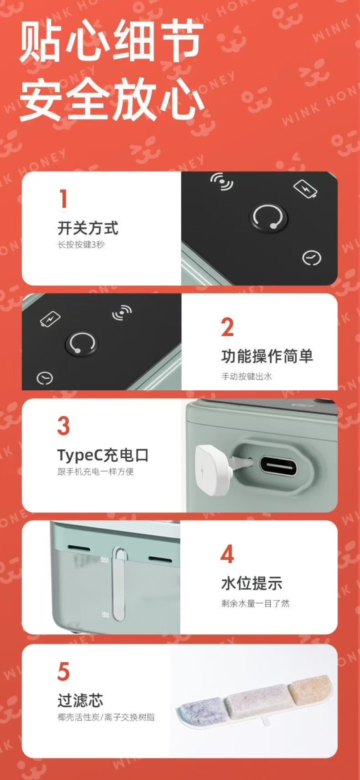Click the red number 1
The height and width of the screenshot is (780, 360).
point(63,199)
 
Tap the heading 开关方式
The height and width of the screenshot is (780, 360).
point(88,228)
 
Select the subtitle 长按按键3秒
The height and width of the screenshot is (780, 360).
point(81,244)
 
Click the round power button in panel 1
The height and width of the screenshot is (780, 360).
point(268,218)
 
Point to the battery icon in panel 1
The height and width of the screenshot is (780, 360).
point(305,189)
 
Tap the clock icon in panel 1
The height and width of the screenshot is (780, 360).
point(312,258)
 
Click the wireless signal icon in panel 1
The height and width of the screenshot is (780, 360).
point(222,182)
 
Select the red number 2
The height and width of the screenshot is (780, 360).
point(227,327)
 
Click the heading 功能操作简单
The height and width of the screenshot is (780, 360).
point(267,356)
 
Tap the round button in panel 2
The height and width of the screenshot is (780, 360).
point(81,343)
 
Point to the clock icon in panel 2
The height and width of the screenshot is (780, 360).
point(45,378)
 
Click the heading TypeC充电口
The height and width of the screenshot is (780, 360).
point(103,455)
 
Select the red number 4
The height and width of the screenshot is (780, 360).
point(227,554)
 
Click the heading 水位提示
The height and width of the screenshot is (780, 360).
point(252,583)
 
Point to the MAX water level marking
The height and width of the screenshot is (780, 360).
point(104,560)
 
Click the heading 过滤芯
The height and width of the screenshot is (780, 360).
point(80,700)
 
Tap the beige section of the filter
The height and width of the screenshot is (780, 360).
point(310,686)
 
